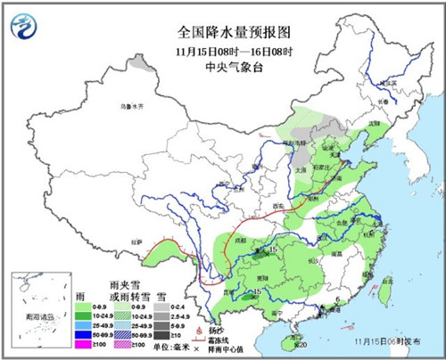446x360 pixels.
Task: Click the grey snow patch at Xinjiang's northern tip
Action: [x=137, y=63]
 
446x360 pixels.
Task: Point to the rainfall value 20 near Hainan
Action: [x=302, y=344]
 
